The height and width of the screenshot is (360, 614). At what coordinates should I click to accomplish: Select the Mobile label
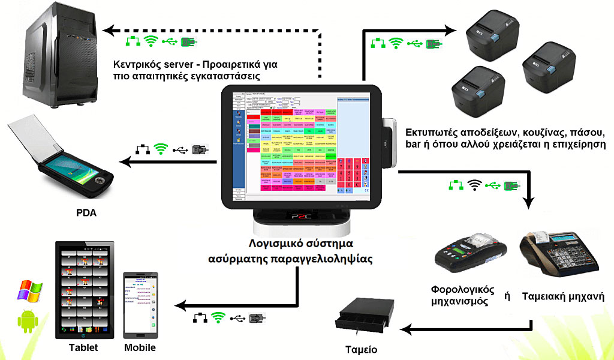140,347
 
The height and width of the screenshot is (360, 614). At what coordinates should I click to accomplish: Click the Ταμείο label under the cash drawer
362,349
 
